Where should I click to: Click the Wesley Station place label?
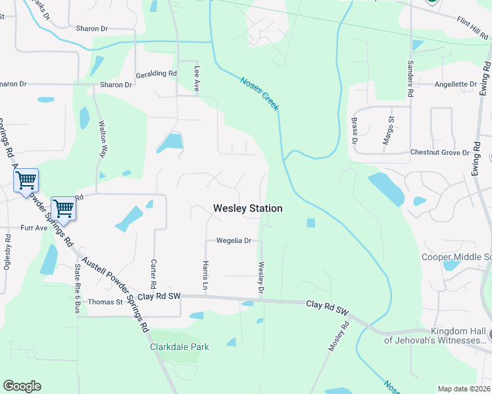pyautogui.click(x=248, y=208)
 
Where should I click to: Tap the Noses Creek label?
pyautogui.click(x=259, y=93)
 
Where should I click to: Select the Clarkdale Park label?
pyautogui.click(x=179, y=347)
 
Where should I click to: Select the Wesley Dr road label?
pyautogui.click(x=261, y=278)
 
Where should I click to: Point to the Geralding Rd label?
pyautogui.click(x=157, y=74)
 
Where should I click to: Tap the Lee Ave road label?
pyautogui.click(x=196, y=78)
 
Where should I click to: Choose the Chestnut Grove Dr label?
pyautogui.click(x=439, y=152)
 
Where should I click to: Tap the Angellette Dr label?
pyautogui.click(x=455, y=84)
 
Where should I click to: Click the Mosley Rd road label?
pyautogui.click(x=338, y=337)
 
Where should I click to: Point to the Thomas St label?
pyautogui.click(x=105, y=302)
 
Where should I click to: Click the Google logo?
pyautogui.click(x=22, y=386)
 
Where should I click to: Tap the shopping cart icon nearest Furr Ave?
pyautogui.click(x=63, y=209)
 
